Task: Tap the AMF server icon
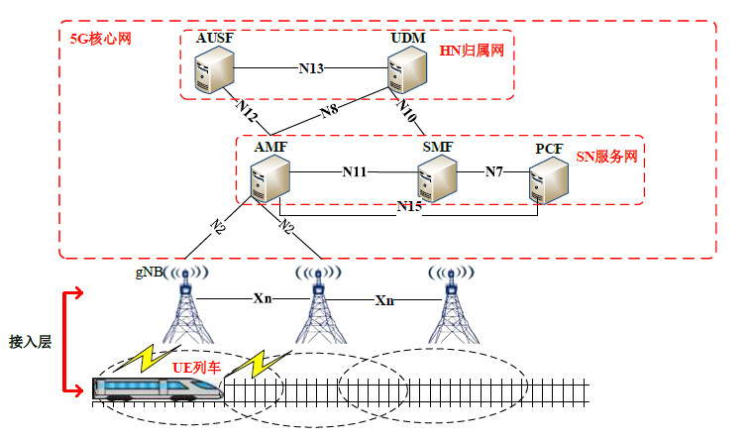[x=270, y=179]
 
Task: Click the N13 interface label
[x=311, y=69]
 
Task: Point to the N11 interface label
[x=355, y=171]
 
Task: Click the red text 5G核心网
[x=100, y=39]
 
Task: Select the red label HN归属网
[x=472, y=52]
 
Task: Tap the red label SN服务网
[x=606, y=158]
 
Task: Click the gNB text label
[x=149, y=271]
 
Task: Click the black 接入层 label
[x=30, y=339]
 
